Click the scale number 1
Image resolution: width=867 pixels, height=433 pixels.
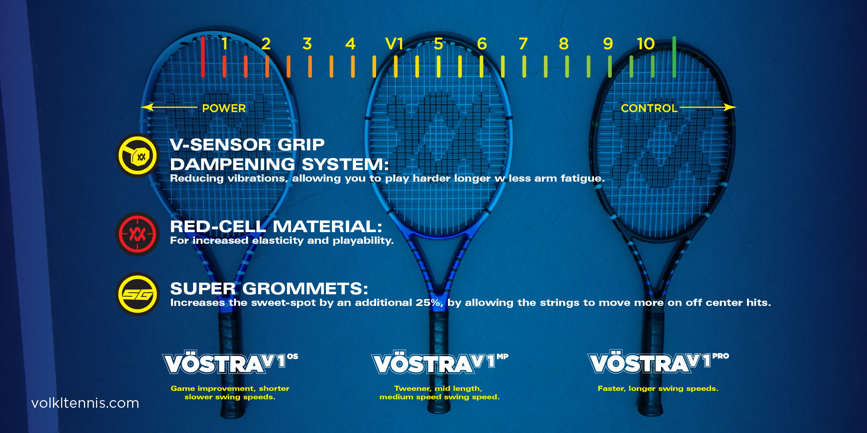point(225,44)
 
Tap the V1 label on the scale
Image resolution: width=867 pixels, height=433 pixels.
point(394,44)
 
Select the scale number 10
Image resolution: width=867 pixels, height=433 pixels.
point(645,44)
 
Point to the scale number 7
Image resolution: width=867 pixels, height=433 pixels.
point(523,44)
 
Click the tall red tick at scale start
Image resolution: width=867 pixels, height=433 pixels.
point(203,57)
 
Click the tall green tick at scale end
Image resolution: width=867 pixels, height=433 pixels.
point(674,57)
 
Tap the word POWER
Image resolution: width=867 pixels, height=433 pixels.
point(224,108)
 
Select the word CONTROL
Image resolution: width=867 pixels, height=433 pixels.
point(649,108)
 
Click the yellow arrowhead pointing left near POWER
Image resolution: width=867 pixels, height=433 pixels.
point(147,107)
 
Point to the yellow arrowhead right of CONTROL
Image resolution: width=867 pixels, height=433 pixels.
point(730,107)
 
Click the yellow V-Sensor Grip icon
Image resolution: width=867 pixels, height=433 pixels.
point(138,155)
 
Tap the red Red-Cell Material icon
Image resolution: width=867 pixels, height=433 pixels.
point(138,234)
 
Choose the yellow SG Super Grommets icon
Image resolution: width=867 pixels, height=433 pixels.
point(138,294)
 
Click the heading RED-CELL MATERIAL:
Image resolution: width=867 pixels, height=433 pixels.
point(276,227)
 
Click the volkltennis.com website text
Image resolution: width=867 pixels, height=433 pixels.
point(85,403)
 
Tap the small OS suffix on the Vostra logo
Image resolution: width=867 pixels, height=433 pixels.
point(293,356)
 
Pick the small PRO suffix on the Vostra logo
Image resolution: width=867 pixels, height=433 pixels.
point(720,356)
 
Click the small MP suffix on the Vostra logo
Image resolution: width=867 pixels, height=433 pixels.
point(503,356)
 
